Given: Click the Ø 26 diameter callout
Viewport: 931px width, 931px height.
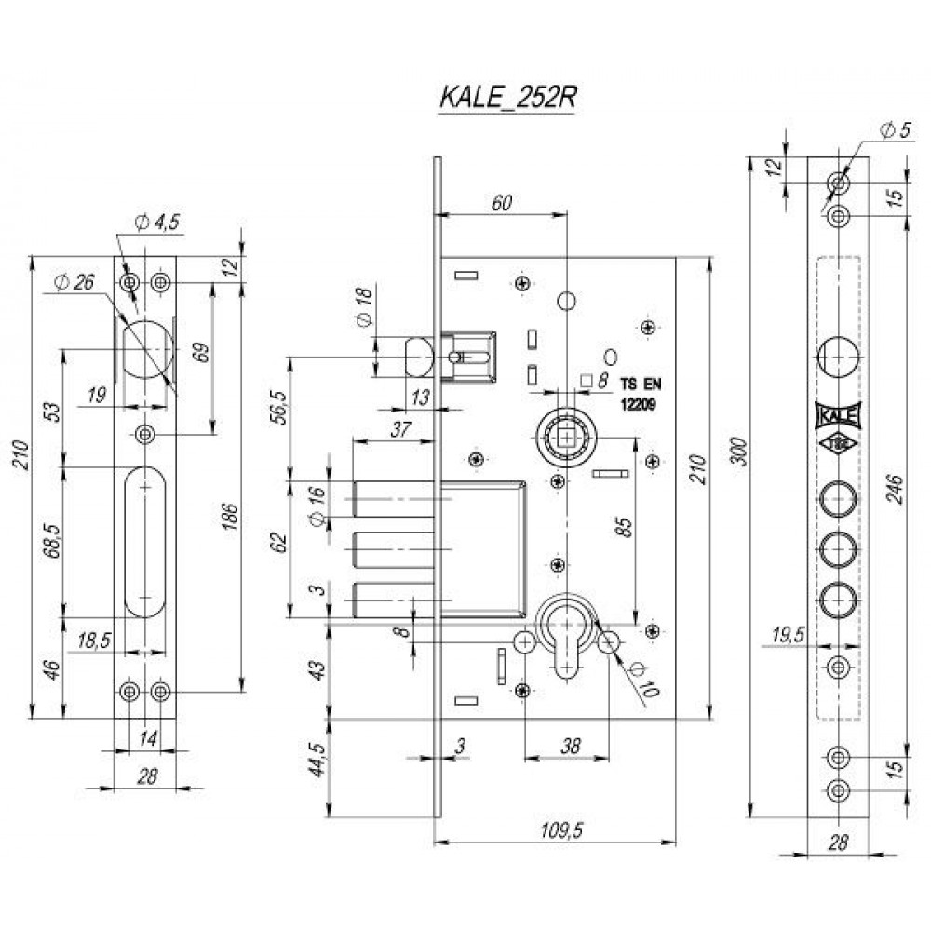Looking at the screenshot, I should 73,282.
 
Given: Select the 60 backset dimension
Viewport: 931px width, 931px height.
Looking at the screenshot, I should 500,203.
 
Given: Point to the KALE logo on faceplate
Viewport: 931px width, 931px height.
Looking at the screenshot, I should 838,414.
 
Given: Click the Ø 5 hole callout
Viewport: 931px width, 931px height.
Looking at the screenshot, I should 895,130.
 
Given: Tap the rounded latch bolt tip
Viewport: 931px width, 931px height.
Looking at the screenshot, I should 416,356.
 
